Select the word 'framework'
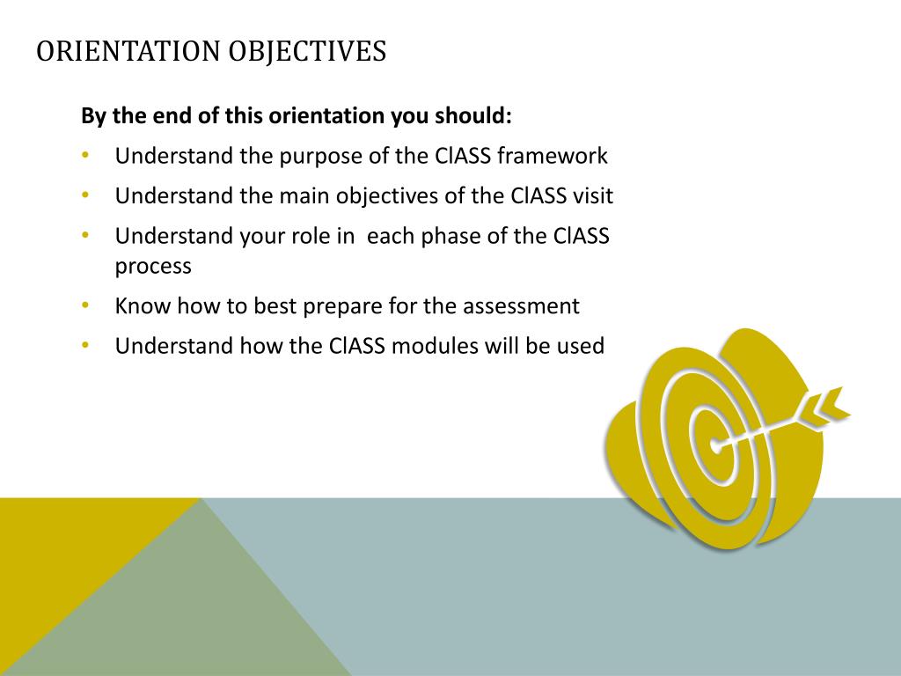click(x=552, y=157)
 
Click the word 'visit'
click(x=592, y=196)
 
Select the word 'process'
click(x=153, y=266)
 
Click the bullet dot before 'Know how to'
click(x=85, y=305)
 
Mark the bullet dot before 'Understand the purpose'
click(x=85, y=156)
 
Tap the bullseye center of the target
click(x=714, y=445)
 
